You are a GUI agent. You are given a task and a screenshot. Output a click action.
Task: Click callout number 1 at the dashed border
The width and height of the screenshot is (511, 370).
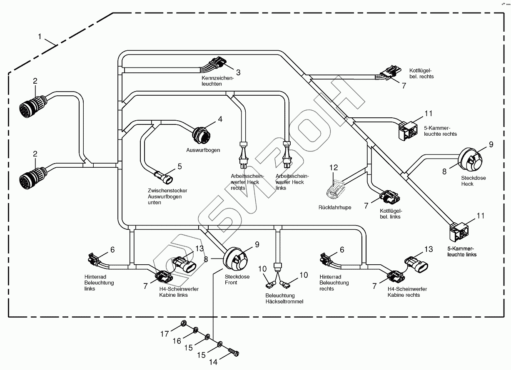40,37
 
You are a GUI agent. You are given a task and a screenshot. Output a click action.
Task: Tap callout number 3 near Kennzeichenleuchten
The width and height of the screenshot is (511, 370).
238,72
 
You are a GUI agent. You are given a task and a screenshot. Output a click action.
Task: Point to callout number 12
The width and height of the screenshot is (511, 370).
334,168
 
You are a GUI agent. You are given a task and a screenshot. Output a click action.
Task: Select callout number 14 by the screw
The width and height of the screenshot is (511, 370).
213,362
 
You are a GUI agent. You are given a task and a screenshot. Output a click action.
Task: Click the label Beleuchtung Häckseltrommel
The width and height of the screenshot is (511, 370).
284,298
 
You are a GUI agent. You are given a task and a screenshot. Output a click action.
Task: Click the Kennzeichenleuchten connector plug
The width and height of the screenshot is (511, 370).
216,65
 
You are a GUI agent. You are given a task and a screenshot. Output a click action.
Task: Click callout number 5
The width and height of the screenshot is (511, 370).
179,166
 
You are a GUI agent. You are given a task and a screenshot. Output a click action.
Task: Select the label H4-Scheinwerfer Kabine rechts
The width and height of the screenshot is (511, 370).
407,292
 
